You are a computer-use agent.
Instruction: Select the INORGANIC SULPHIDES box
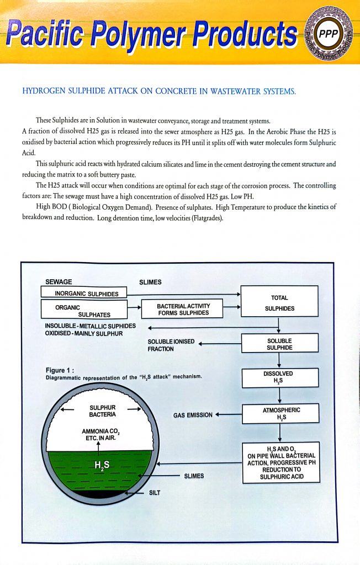(84, 293)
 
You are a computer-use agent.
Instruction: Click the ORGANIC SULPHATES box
(84, 311)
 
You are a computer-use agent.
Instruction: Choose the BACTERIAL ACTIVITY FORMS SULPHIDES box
(183, 310)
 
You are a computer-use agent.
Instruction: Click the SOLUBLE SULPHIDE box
(279, 344)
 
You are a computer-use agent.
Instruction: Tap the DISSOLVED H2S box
(279, 377)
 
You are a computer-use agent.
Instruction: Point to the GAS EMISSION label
(193, 415)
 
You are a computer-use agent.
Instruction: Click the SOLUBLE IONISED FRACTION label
(171, 345)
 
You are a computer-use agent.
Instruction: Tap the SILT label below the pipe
(155, 493)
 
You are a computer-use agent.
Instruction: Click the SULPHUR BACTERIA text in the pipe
(102, 411)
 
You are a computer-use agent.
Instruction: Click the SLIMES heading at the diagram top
(150, 282)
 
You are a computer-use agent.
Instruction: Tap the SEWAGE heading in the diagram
(59, 282)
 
